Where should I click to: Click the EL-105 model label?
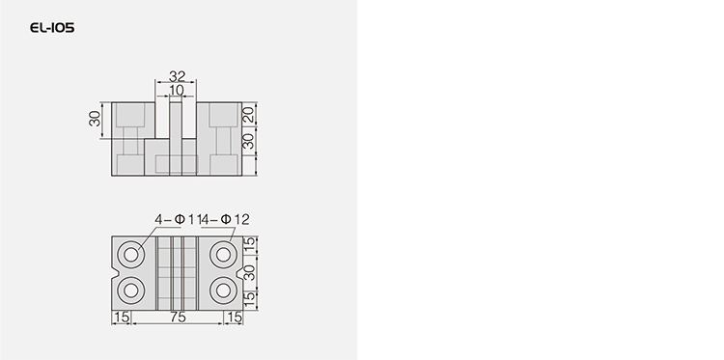52,28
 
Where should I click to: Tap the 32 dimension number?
177,76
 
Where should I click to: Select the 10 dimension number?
177,91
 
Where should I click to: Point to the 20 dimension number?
249,115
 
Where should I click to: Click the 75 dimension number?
178,318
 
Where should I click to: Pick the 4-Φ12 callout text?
225,220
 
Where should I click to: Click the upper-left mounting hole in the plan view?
131,255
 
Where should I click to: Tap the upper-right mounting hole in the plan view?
224,255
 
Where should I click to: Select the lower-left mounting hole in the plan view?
131,291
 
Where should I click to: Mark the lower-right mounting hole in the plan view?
224,291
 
